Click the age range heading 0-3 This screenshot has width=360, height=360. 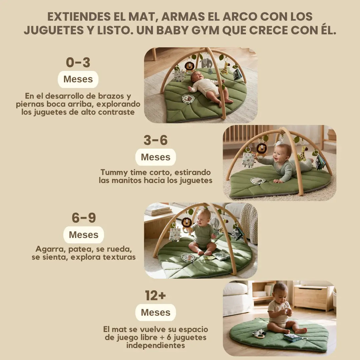click(78, 62)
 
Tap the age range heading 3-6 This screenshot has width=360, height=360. click(155, 140)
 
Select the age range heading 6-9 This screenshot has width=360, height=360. click(84, 218)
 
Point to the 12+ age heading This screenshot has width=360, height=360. click(155, 295)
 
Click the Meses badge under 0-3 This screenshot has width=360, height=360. click(78, 79)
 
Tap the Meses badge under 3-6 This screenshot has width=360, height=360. click(155, 157)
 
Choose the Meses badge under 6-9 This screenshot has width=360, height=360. click(84, 235)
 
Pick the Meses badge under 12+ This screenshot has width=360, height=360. click(155, 312)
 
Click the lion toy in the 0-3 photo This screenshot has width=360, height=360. click(189, 66)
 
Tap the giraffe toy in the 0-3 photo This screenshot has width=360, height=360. click(226, 68)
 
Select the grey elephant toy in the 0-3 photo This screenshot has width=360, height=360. click(206, 63)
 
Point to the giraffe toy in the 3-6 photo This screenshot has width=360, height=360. click(303, 154)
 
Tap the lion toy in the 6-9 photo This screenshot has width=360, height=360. click(186, 222)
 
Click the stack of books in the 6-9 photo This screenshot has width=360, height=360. click(158, 209)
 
